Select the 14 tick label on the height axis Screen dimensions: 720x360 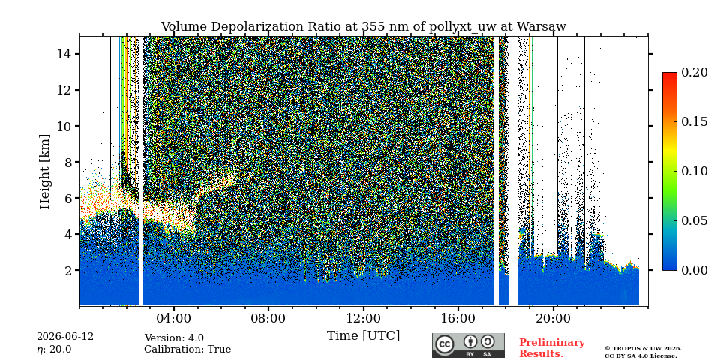click(x=63, y=54)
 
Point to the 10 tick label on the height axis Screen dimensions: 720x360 click(x=63, y=126)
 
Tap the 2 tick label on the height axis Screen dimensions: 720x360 click(x=67, y=271)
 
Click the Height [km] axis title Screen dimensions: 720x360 click(x=44, y=172)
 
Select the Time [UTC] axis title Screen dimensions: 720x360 click(x=363, y=336)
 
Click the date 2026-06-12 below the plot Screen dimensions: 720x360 click(x=65, y=337)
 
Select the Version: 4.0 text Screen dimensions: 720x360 click(x=174, y=338)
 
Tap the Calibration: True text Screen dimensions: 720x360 click(x=187, y=349)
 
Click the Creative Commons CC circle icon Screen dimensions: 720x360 click(x=445, y=344)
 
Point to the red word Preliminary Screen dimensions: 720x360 click(x=552, y=343)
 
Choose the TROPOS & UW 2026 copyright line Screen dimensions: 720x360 click(x=643, y=348)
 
